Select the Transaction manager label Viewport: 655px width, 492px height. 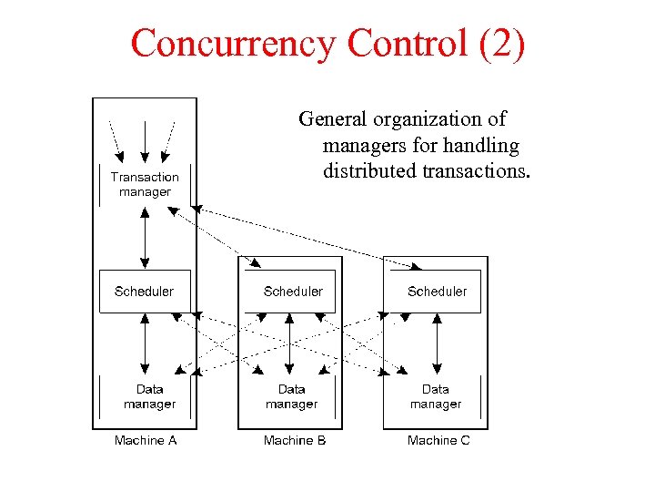(x=145, y=184)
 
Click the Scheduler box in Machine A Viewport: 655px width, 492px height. (x=145, y=292)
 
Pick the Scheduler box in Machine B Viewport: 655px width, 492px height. (x=292, y=292)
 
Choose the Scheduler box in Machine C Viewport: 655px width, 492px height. (x=437, y=292)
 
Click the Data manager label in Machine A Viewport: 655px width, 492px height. (x=149, y=396)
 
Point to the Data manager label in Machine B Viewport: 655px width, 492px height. (x=292, y=396)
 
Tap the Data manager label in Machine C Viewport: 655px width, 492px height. (x=436, y=396)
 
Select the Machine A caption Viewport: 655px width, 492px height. (x=146, y=440)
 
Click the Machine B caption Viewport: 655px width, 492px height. (x=294, y=440)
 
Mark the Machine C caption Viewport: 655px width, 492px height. (x=438, y=440)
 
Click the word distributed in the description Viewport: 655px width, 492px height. (x=369, y=171)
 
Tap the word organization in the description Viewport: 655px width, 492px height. (x=418, y=118)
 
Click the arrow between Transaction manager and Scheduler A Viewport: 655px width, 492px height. (x=145, y=237)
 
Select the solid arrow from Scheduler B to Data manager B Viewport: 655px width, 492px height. (x=291, y=344)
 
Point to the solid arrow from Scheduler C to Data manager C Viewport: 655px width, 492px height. (x=437, y=344)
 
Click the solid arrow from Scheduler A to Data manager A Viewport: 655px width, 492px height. (x=145, y=344)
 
